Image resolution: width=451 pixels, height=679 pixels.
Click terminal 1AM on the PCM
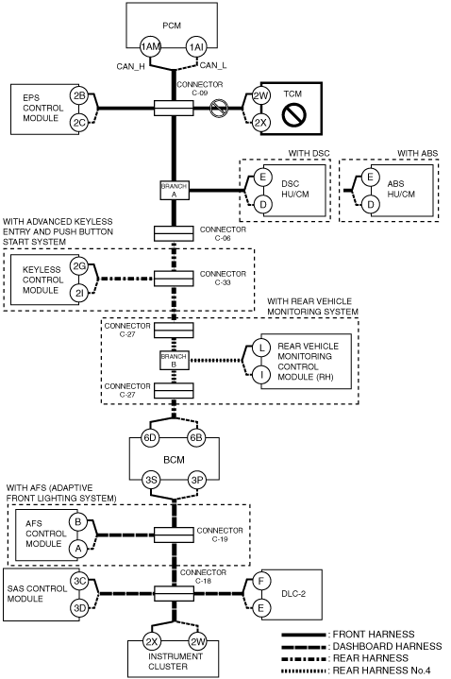(x=150, y=46)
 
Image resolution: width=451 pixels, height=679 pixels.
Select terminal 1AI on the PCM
(x=196, y=46)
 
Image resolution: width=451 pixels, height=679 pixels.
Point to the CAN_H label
(x=130, y=67)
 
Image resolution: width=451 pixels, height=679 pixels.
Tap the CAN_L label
(x=213, y=65)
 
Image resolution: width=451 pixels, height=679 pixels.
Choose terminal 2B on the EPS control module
(x=79, y=95)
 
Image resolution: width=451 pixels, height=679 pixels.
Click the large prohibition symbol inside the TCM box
(x=294, y=114)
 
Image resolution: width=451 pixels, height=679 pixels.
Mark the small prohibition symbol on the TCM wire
(x=219, y=108)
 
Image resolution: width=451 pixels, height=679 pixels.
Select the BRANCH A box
(x=174, y=190)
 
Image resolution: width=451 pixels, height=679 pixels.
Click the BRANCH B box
(x=174, y=361)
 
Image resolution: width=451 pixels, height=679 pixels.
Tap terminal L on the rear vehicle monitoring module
(x=261, y=348)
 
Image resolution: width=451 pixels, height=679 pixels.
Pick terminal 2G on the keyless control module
(x=79, y=265)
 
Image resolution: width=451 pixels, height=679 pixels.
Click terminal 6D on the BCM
(x=150, y=437)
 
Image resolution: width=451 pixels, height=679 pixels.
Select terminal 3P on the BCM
(x=197, y=480)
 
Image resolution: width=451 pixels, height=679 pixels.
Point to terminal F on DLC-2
(x=261, y=581)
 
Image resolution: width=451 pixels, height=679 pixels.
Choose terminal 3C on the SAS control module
(x=79, y=581)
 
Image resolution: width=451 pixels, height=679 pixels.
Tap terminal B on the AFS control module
(x=78, y=521)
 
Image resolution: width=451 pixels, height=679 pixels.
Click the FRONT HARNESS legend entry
(x=348, y=635)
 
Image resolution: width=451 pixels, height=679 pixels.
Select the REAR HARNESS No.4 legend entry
(x=357, y=671)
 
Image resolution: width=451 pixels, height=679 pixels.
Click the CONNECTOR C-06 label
(x=223, y=233)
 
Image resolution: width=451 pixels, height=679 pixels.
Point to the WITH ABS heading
(x=417, y=153)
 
